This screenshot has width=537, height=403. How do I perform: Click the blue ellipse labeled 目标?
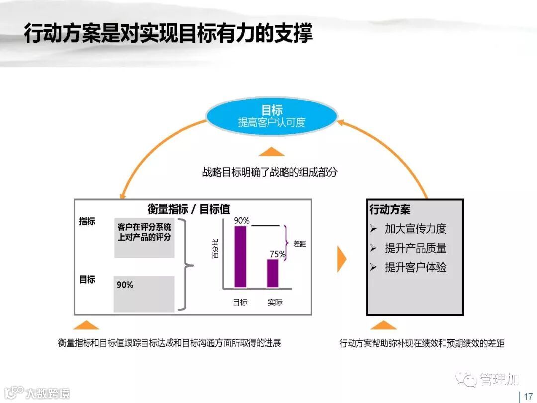pyautogui.click(x=271, y=116)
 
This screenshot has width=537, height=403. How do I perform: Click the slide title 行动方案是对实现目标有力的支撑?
pyautogui.click(x=168, y=34)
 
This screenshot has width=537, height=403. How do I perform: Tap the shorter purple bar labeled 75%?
pyautogui.click(x=272, y=273)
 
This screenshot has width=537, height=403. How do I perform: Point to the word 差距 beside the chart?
pyautogui.click(x=300, y=244)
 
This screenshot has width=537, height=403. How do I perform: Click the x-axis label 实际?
pyautogui.click(x=275, y=302)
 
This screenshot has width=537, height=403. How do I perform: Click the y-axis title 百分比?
pyautogui.click(x=215, y=248)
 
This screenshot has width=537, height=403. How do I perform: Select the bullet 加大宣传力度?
pyautogui.click(x=415, y=229)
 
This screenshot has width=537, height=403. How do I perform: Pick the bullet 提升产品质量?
pyautogui.click(x=415, y=248)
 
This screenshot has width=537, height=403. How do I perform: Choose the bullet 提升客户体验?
pyautogui.click(x=415, y=267)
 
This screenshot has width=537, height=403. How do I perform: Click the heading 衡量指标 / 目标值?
pyautogui.click(x=189, y=209)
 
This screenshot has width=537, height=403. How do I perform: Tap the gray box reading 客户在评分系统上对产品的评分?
pyautogui.click(x=144, y=237)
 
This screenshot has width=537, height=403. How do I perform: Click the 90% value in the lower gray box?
pyautogui.click(x=125, y=285)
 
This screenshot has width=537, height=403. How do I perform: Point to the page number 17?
pyautogui.click(x=528, y=396)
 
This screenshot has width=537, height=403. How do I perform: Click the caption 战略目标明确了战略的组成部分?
pyautogui.click(x=269, y=173)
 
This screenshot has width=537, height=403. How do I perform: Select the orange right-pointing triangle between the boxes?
pyautogui.click(x=341, y=259)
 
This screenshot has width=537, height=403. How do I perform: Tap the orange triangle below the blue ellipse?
pyautogui.click(x=271, y=151)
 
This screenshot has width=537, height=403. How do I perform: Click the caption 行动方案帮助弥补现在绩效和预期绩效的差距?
pyautogui.click(x=422, y=343)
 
